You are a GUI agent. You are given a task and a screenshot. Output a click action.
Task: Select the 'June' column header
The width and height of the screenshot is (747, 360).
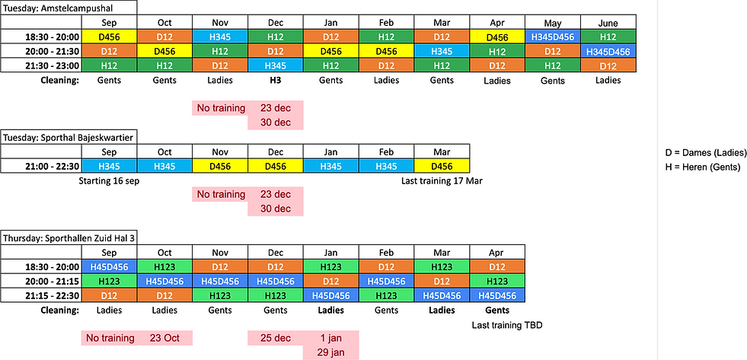[608, 22]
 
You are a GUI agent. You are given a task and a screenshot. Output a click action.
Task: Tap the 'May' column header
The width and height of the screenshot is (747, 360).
[552, 22]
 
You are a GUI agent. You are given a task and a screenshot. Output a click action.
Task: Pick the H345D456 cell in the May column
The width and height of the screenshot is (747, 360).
[552, 37]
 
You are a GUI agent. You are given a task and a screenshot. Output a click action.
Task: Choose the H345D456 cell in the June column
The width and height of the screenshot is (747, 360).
[608, 51]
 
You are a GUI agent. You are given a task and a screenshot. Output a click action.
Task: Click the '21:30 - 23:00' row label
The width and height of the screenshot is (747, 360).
[43, 65]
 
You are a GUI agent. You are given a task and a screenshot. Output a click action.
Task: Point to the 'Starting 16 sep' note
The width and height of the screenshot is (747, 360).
[110, 180]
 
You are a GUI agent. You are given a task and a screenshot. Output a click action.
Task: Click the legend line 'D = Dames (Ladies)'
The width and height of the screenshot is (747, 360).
[706, 152]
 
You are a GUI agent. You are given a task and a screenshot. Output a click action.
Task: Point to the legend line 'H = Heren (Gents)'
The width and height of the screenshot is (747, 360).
[703, 167]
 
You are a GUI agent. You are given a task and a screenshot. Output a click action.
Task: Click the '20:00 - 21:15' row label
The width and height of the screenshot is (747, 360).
[43, 281]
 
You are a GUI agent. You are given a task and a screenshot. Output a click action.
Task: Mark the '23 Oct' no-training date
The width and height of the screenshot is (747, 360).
[164, 337]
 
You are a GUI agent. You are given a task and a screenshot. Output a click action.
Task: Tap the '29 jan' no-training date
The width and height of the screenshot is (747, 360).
[330, 352]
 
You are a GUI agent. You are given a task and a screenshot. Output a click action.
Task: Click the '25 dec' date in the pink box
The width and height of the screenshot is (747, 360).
[275, 337]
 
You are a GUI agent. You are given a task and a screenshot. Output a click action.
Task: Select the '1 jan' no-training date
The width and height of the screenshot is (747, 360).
[330, 337]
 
